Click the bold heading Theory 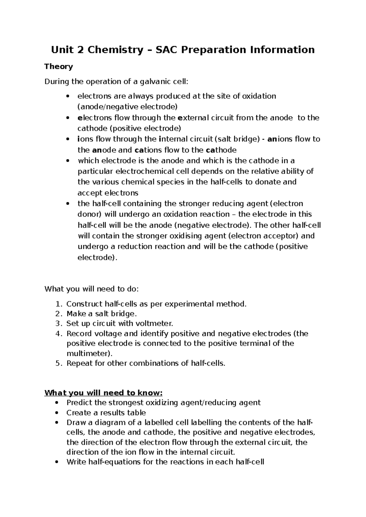tap(59, 66)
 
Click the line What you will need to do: tap(91, 289)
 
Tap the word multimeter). tap(89, 353)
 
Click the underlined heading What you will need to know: tap(104, 393)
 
